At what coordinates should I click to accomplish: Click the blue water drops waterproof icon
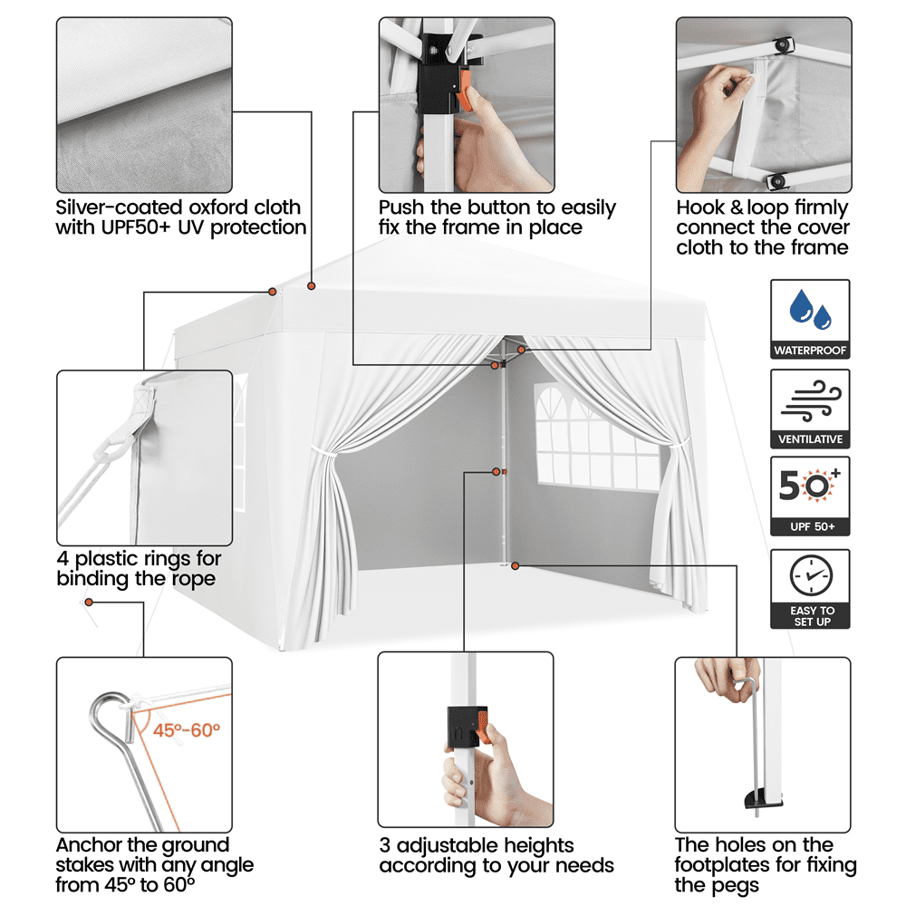(811, 310)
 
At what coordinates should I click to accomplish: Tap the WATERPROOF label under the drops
(810, 350)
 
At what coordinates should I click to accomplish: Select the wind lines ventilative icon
(810, 400)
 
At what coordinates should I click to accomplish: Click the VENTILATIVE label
(810, 439)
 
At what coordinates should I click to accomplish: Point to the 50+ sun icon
(810, 487)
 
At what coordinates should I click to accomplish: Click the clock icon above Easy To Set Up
(810, 574)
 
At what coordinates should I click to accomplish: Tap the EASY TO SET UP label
(810, 616)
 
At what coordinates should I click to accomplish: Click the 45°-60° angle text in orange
(186, 730)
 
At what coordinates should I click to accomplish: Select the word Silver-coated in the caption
(115, 207)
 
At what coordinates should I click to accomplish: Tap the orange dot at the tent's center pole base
(515, 566)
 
